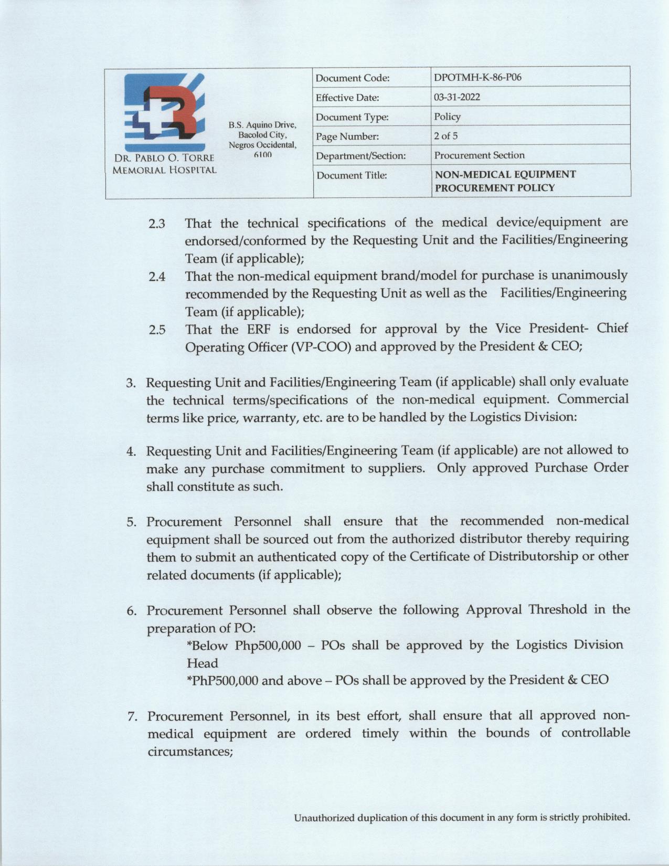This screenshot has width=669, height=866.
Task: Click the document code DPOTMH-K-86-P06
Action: (x=477, y=78)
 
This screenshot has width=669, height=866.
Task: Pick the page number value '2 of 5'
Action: (x=445, y=136)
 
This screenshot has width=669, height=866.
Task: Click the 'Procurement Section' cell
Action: (x=479, y=155)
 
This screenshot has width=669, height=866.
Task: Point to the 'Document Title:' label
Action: (x=352, y=175)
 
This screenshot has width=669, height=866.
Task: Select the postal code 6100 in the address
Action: (x=262, y=155)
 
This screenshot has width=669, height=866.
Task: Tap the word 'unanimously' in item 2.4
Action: (x=590, y=275)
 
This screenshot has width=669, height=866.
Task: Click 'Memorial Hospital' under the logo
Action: (x=164, y=170)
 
